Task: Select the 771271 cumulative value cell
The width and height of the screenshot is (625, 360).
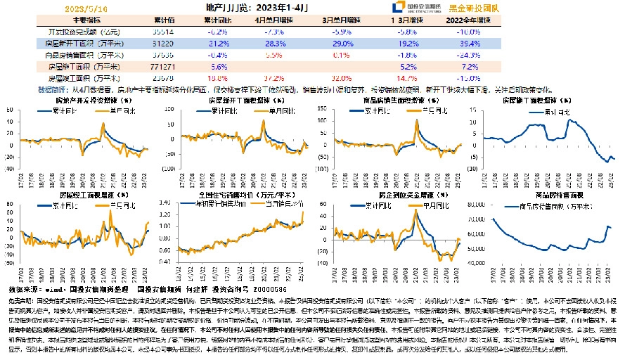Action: (x=162, y=65)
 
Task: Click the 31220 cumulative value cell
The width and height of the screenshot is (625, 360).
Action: (x=162, y=43)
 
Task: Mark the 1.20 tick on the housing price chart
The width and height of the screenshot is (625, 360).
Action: (x=165, y=215)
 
